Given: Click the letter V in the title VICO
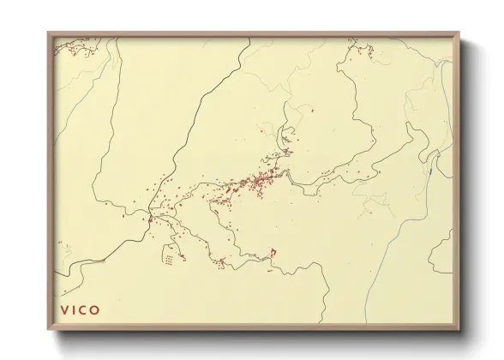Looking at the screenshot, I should [x=64, y=309].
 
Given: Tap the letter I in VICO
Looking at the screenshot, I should [x=75, y=309].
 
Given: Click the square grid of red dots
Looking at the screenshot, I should [x=171, y=255].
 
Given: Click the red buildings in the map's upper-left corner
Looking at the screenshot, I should [x=73, y=50].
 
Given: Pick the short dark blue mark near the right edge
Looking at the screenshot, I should [x=429, y=165].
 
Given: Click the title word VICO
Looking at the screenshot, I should [x=80, y=309].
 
